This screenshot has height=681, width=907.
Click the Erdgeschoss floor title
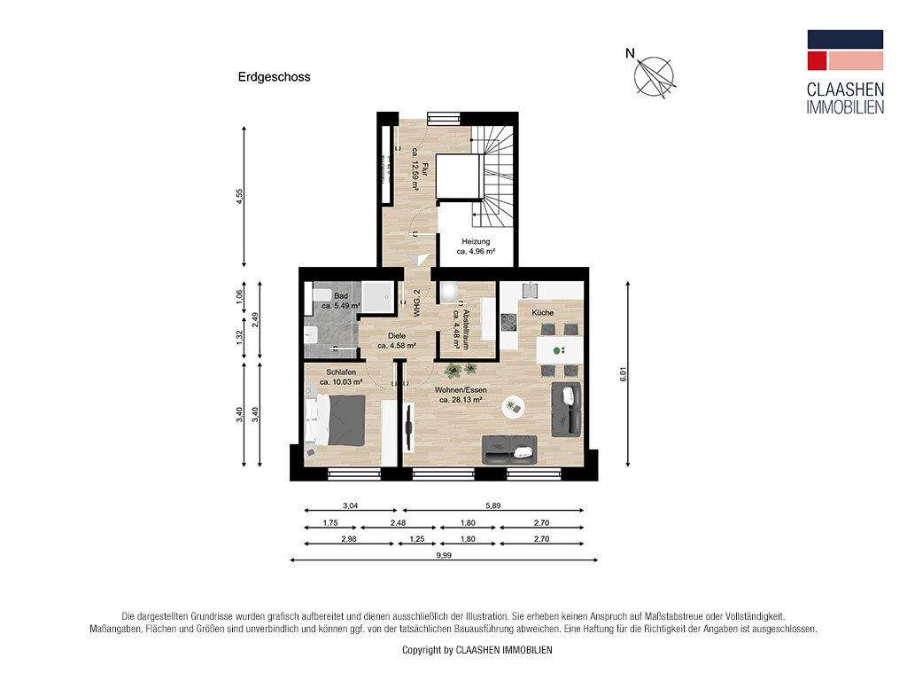click(274, 77)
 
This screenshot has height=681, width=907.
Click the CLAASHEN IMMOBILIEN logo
click(844, 72)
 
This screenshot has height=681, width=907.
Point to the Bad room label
click(341, 296)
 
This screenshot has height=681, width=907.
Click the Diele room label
click(397, 336)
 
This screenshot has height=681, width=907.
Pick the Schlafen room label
click(341, 372)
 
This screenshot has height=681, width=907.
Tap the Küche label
click(542, 314)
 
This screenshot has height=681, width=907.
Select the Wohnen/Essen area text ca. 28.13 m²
click(461, 400)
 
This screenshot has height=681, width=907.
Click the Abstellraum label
click(460, 318)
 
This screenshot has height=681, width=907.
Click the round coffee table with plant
click(512, 407)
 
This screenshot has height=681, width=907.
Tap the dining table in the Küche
click(558, 349)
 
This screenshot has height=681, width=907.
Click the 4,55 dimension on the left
click(238, 197)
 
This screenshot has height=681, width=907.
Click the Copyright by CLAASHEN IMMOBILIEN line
click(477, 650)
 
